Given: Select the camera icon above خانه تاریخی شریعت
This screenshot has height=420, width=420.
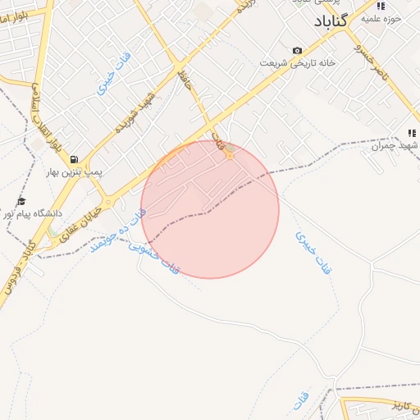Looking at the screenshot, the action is [x=297, y=51].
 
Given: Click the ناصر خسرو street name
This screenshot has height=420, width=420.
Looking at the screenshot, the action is [x=370, y=57].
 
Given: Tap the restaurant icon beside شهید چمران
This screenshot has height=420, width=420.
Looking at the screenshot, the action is [x=412, y=133].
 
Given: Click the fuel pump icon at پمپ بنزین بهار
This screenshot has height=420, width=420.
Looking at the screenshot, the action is [x=75, y=159].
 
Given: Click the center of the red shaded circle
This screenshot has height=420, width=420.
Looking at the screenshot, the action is [x=210, y=209].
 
